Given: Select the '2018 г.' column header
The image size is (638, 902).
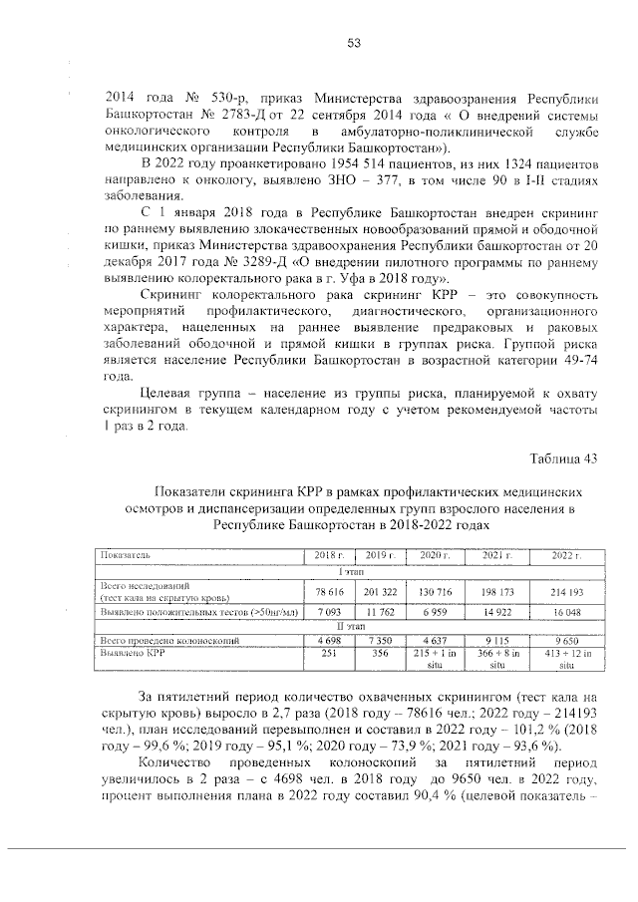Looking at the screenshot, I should point(328,554).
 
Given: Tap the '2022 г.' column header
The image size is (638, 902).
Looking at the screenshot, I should point(564,554).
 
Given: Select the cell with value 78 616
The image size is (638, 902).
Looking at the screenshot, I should point(328,591).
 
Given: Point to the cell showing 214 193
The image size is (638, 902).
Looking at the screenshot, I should point(564,591).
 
